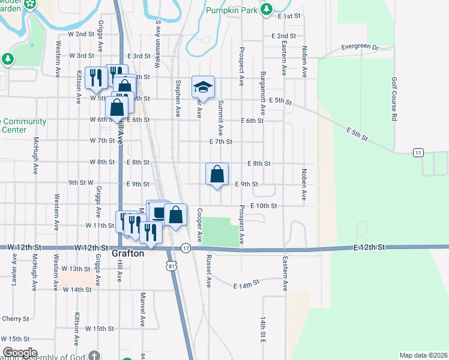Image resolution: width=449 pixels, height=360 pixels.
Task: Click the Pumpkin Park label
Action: (232, 10)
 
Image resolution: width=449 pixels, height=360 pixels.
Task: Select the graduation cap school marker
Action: (203, 88)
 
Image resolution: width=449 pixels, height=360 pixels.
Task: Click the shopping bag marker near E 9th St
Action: (217, 175)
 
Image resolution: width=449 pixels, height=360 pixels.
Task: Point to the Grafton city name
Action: (128, 254)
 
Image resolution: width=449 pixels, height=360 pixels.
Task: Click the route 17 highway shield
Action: (185, 248)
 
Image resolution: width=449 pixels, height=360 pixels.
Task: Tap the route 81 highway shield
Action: (173, 266)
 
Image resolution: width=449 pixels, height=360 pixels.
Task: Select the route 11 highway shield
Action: (417, 153)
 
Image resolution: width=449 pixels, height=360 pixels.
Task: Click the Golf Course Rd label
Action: (394, 99)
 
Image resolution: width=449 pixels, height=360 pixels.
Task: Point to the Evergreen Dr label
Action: (360, 47)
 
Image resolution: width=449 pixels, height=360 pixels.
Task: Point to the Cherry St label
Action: (16, 319)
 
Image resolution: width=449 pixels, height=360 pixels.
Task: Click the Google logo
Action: (20, 353)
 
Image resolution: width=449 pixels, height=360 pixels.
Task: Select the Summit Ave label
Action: (220, 117)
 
